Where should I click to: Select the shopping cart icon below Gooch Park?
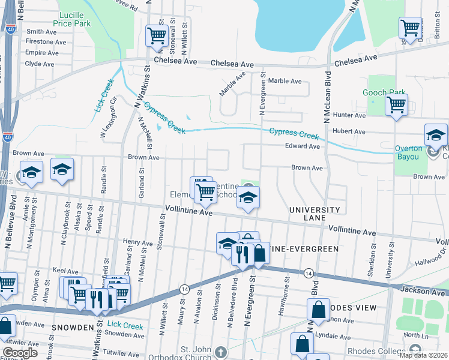click(x=396, y=105)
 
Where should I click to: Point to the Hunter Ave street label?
click(x=352, y=115)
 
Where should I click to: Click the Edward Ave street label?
click(x=303, y=146)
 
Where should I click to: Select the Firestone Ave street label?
click(x=46, y=42)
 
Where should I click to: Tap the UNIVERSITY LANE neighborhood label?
click(x=315, y=215)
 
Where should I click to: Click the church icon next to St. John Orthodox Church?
click(x=221, y=352)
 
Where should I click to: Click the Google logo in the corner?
click(x=20, y=353)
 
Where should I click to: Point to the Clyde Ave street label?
click(x=40, y=64)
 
